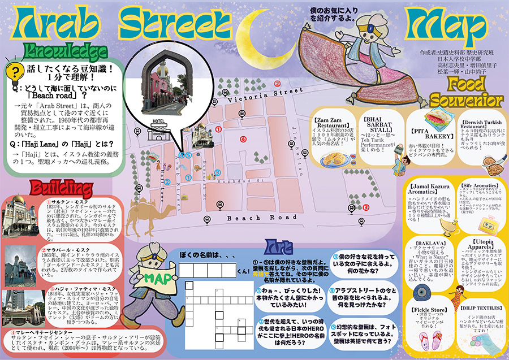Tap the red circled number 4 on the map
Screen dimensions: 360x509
coord(244,138)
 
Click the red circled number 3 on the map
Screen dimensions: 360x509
coord(366,207)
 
